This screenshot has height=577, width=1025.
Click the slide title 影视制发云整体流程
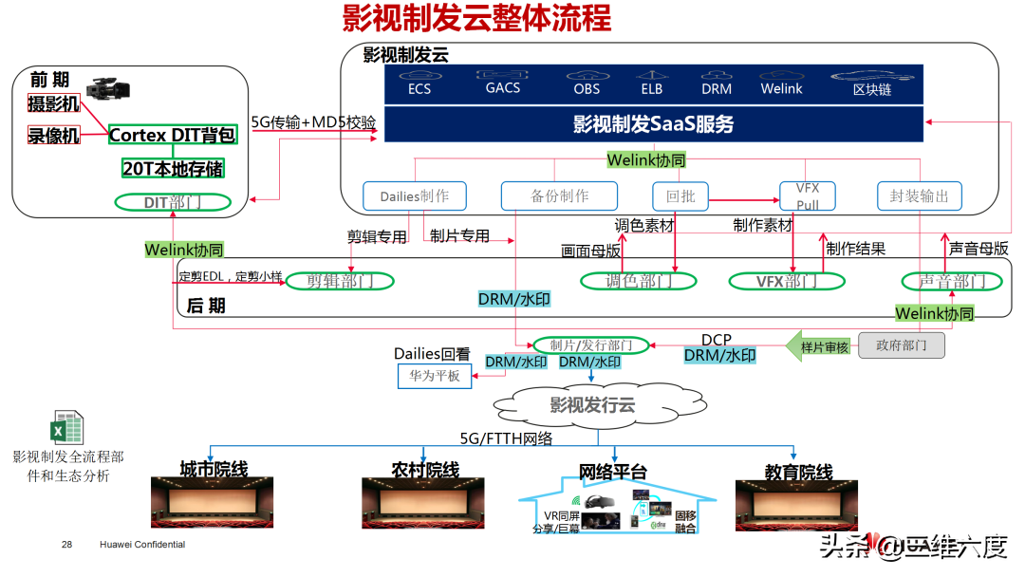476,19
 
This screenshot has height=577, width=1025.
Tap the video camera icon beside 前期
106,89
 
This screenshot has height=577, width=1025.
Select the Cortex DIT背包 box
172,135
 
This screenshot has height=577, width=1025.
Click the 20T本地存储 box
173,168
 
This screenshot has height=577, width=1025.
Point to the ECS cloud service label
419,88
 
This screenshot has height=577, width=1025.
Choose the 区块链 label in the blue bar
871,89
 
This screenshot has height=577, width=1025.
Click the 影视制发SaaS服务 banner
653,124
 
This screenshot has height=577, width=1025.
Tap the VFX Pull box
808,195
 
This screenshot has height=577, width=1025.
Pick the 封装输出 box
920,196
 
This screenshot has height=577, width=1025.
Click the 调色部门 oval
638,281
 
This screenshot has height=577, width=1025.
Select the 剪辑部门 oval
339,281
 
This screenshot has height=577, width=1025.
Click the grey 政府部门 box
901,345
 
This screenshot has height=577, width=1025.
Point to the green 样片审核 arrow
822,346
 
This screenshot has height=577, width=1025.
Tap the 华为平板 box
435,377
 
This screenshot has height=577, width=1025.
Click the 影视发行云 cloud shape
593,405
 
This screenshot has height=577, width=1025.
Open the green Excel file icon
67,429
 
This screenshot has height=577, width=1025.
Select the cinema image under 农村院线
423,502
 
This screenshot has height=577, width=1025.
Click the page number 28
66,545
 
